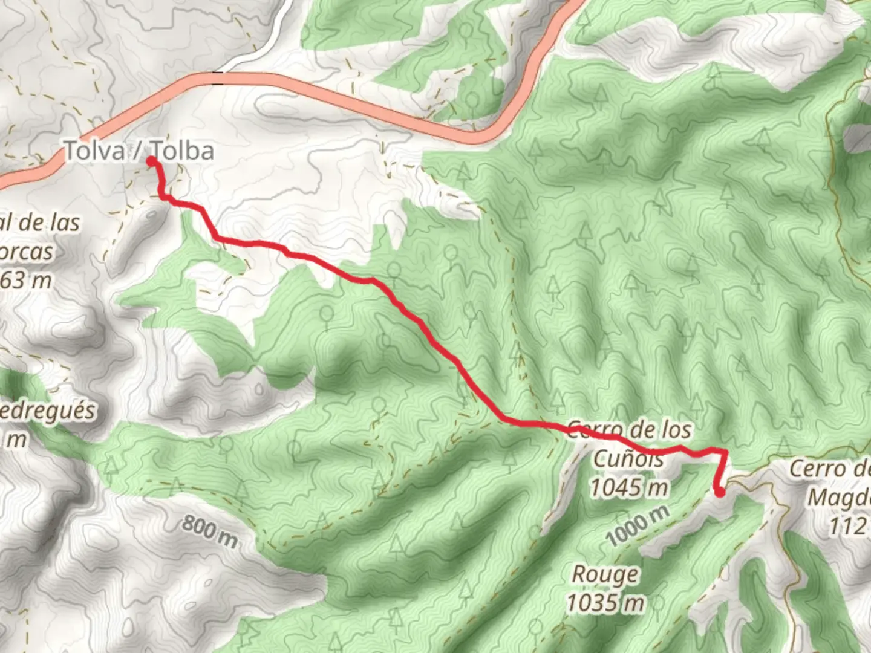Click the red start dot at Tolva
pos(151,161)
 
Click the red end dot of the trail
pos(720,492)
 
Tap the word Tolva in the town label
pos(94,151)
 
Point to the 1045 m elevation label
pos(629,487)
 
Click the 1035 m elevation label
pos(605,602)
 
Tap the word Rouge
pos(605,574)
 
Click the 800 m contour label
pos(209,530)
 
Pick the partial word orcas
pos(27,251)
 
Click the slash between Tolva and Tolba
pos(138,151)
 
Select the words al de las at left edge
pos(39,223)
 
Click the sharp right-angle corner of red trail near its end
pos(724,451)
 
